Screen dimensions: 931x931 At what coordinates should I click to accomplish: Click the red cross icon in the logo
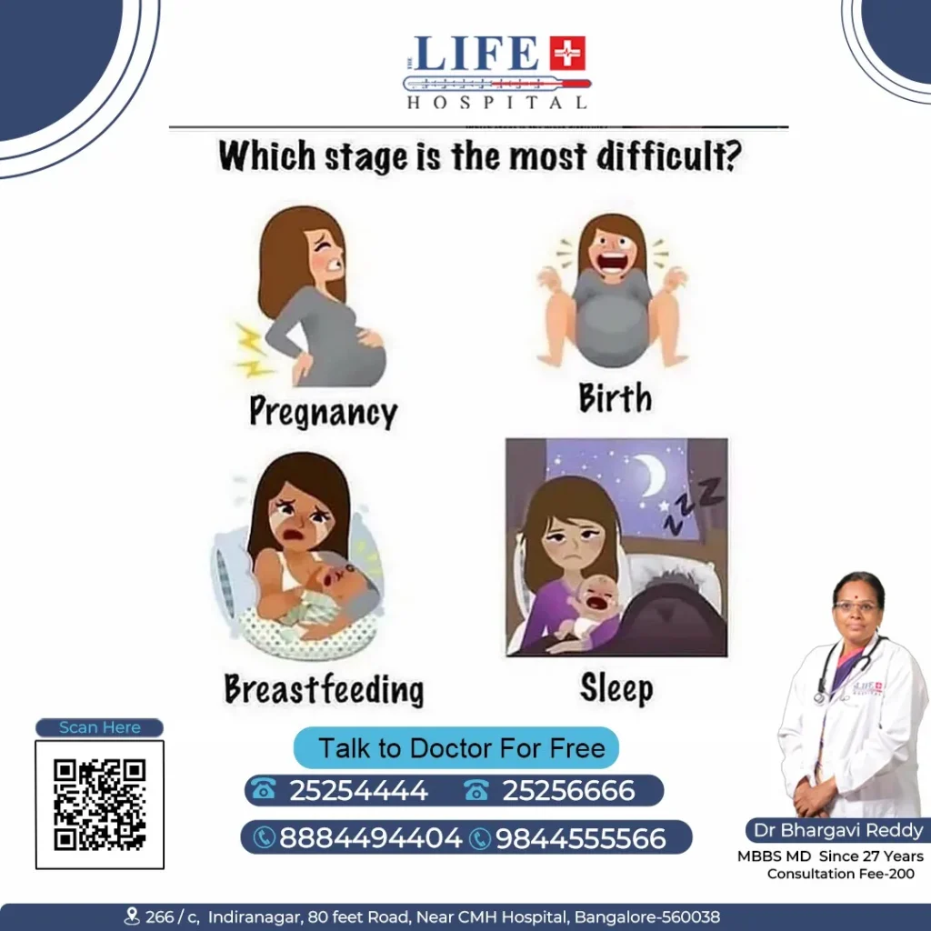[x=568, y=54]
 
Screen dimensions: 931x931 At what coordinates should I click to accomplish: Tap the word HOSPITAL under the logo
[x=496, y=103]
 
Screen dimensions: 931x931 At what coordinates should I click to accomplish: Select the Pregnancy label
[x=323, y=412]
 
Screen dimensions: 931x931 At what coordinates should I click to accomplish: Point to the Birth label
[x=616, y=398]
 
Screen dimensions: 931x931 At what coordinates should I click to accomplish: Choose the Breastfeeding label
[x=324, y=689]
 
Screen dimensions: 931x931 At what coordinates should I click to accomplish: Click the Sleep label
[x=616, y=688]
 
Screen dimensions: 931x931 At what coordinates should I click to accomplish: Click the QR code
[x=99, y=805]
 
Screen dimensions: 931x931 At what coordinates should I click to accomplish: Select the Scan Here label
[x=99, y=727]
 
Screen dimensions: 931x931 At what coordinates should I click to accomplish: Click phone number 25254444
[x=358, y=791]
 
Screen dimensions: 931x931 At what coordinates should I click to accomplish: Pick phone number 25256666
[x=568, y=791]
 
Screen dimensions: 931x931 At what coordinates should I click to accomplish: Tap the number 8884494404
[x=370, y=837]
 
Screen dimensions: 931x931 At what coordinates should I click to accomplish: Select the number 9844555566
[x=580, y=837]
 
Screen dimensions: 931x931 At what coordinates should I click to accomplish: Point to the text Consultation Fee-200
[x=840, y=874]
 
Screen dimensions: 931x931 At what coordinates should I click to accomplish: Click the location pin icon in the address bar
[x=132, y=916]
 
